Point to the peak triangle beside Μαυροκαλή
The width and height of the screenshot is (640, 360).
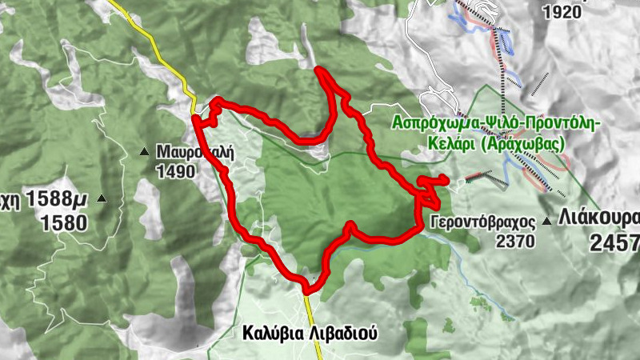[145, 151]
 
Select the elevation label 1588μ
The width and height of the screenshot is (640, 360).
[56, 198]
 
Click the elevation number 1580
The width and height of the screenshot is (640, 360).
[66, 222]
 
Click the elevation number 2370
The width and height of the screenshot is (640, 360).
[515, 240]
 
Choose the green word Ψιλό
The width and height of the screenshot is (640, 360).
[503, 122]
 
